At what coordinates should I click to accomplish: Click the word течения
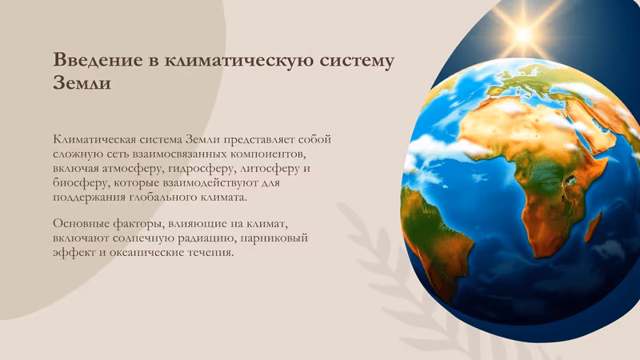206,253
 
